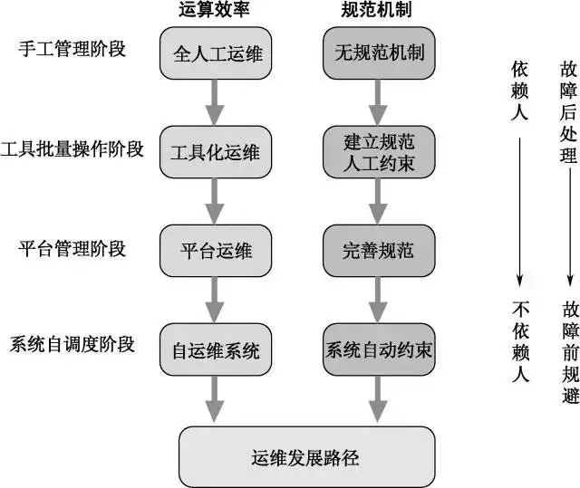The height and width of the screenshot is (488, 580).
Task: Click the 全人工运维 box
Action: coord(216,54)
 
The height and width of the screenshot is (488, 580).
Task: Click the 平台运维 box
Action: coord(216,250)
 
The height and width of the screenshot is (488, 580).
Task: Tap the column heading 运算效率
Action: coord(216,11)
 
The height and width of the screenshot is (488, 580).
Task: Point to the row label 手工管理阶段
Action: coord(70,50)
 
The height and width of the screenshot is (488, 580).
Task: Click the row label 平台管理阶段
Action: coord(70,247)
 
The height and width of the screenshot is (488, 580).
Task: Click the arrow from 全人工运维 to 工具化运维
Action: coord(216,102)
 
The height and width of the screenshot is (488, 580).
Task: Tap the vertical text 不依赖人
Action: coord(520,340)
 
